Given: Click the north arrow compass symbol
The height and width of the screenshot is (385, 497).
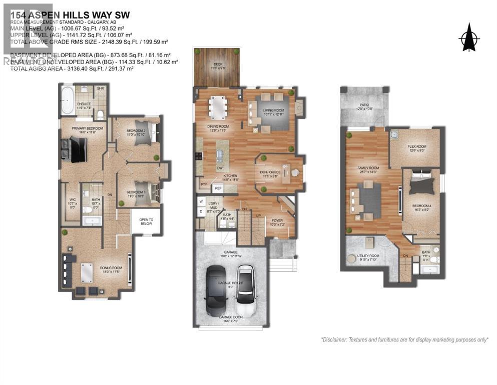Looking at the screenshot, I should click(468, 37).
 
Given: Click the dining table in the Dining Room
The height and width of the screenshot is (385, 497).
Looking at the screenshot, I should click(218, 106).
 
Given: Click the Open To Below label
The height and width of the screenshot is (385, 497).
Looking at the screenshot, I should click(146, 222).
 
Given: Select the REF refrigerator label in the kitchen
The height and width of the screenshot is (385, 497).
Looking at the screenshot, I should click(218, 188).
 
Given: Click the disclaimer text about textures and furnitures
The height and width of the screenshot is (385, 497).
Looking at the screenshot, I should click(404, 339).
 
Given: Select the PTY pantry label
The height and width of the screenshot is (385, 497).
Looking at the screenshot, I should click(204, 184).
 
